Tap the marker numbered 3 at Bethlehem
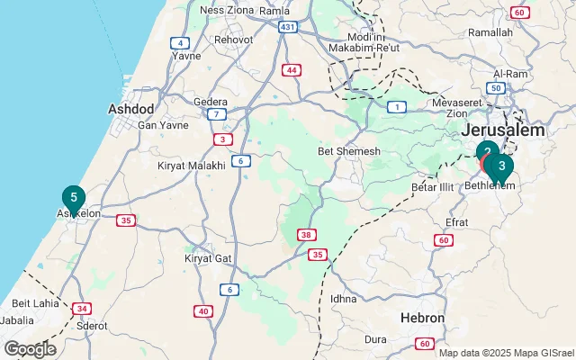click(x=501, y=166)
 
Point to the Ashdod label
click(x=130, y=109)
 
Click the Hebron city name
click(x=423, y=319)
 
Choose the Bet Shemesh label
click(x=349, y=151)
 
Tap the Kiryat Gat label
click(x=208, y=258)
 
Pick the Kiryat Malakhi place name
click(x=192, y=167)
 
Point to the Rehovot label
click(x=233, y=40)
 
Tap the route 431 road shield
click(x=287, y=28)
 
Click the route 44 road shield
click(x=292, y=69)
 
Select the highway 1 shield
click(x=396, y=107)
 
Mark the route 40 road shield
click(x=204, y=311)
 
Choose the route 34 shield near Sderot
click(x=82, y=309)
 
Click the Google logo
click(x=30, y=349)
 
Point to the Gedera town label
click(x=211, y=102)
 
